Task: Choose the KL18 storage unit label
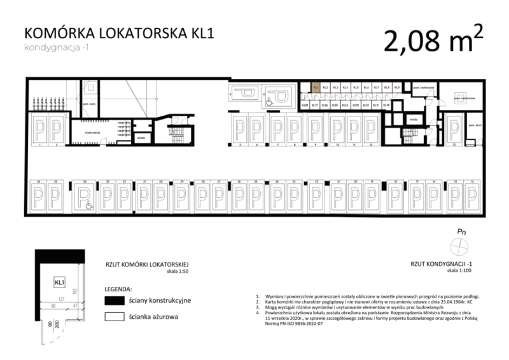[305, 105]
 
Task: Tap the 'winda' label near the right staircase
[413, 119]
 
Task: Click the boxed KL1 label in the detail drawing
[60, 282]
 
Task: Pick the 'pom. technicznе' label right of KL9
[423, 87]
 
